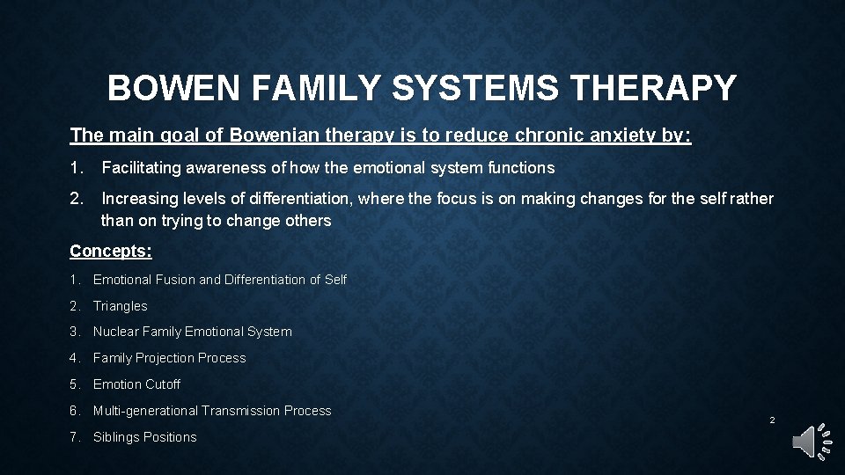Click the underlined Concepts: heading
pyautogui.click(x=111, y=252)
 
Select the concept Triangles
pyautogui.click(x=121, y=306)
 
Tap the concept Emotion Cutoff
pyautogui.click(x=136, y=384)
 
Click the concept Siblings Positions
pyautogui.click(x=145, y=437)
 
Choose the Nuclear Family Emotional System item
pyautogui.click(x=192, y=332)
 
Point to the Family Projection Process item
pyautogui.click(x=169, y=358)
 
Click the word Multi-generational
pyautogui.click(x=145, y=411)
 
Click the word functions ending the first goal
pyautogui.click(x=524, y=167)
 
